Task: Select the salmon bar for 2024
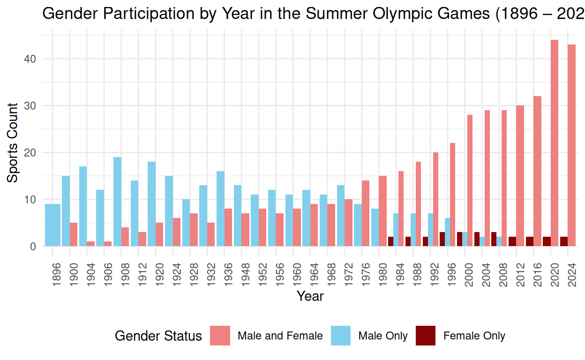[571, 145]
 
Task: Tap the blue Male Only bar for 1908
[117, 202]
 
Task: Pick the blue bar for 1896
[52, 225]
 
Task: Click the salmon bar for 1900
[74, 234]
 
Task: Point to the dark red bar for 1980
[390, 241]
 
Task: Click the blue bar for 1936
[220, 209]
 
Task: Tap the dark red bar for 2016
[529, 241]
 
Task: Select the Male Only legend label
[382, 336]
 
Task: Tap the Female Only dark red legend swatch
[426, 336]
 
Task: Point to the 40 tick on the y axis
[33, 59]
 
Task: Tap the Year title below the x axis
[310, 296]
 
